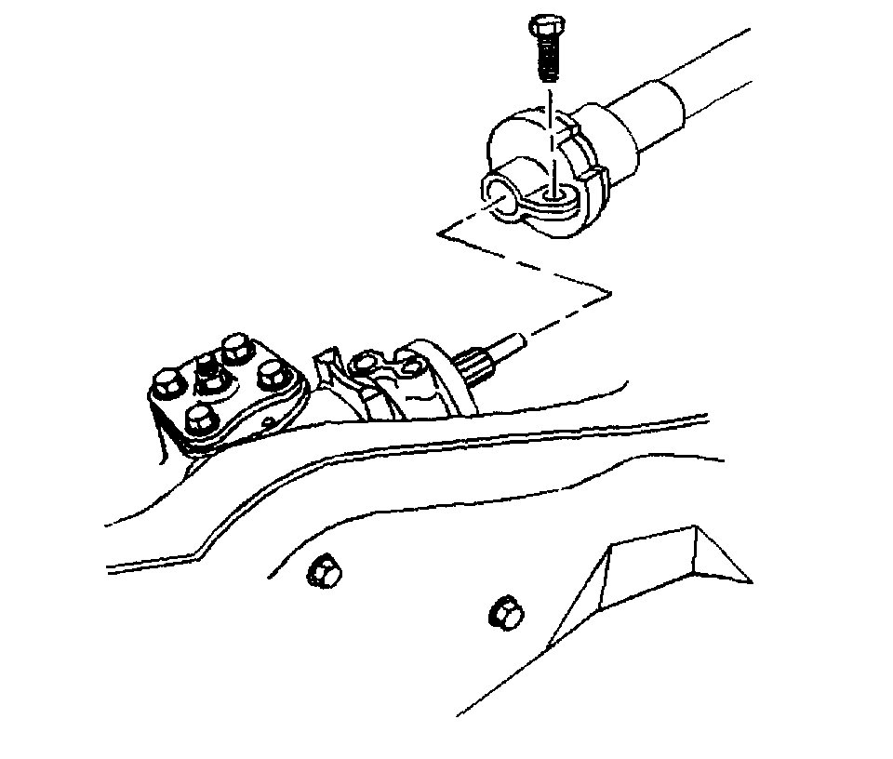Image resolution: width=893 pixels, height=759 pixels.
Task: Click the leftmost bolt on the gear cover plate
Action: point(167,380)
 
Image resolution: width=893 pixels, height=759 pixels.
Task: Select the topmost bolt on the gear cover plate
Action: point(236,349)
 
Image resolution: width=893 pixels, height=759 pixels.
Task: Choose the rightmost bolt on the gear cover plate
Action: point(272,375)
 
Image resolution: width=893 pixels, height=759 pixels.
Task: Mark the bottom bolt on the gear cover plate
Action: point(200,420)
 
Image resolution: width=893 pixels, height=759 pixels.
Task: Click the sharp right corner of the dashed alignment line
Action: point(610,295)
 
